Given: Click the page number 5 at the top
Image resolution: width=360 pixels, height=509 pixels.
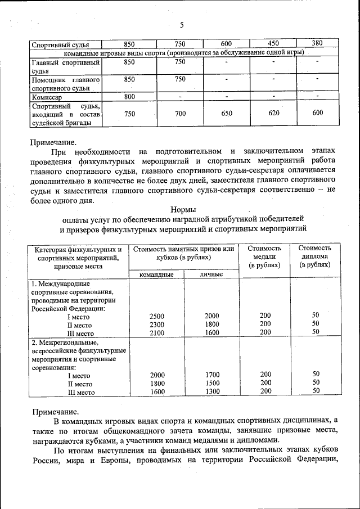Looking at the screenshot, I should (182, 25).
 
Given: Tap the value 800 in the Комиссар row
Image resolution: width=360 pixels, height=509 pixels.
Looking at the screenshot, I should (129, 97).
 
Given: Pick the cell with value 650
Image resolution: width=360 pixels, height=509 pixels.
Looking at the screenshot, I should (226, 113).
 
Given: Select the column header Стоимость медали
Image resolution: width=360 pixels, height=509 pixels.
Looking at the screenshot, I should (264, 256).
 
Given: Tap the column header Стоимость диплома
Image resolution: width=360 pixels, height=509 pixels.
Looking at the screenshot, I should (315, 256).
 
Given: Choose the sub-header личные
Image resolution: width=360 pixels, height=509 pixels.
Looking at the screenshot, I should (211, 274).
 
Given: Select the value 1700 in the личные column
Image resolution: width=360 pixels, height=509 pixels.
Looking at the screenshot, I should (212, 375).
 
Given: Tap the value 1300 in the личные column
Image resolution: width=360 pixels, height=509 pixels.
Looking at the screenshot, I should (212, 391).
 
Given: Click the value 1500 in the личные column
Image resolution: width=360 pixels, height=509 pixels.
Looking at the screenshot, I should (212, 383).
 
